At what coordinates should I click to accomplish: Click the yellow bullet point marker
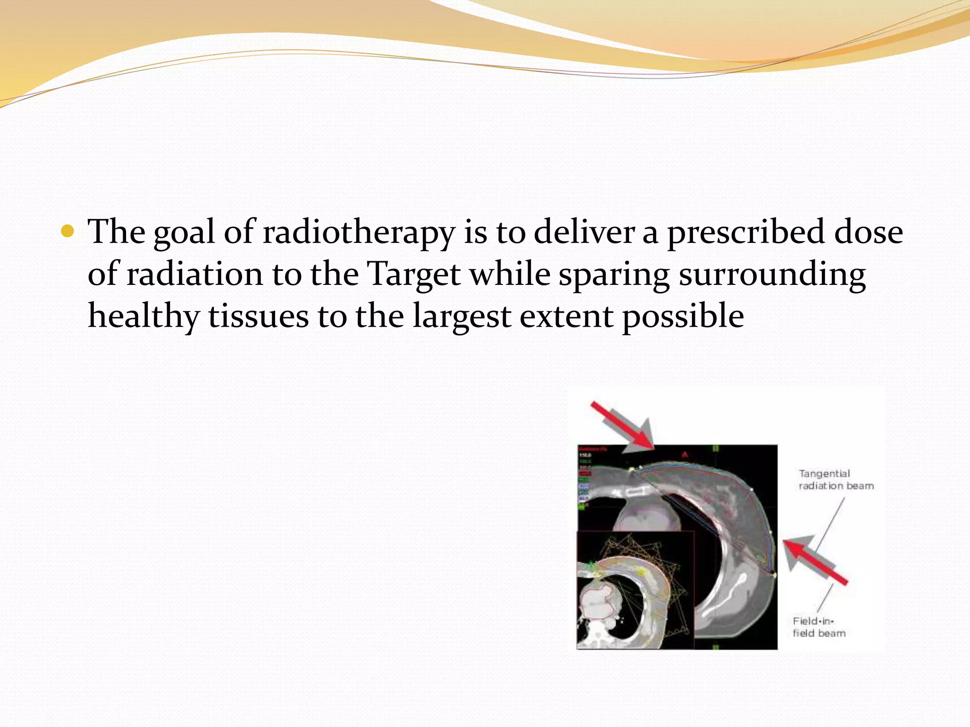(x=68, y=231)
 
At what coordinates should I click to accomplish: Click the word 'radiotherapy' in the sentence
(x=358, y=233)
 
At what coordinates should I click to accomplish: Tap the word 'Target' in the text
(x=414, y=275)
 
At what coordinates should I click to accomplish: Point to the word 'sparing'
(x=614, y=275)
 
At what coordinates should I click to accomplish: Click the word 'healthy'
(x=144, y=316)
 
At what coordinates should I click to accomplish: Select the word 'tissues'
(x=259, y=316)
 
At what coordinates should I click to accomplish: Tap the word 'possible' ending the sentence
(x=683, y=316)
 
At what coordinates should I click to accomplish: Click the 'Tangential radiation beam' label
(x=835, y=479)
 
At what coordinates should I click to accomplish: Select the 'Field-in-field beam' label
(x=819, y=627)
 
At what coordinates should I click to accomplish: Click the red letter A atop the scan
(x=684, y=455)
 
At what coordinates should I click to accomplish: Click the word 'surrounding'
(x=772, y=275)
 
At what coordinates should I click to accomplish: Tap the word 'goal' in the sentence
(x=184, y=233)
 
